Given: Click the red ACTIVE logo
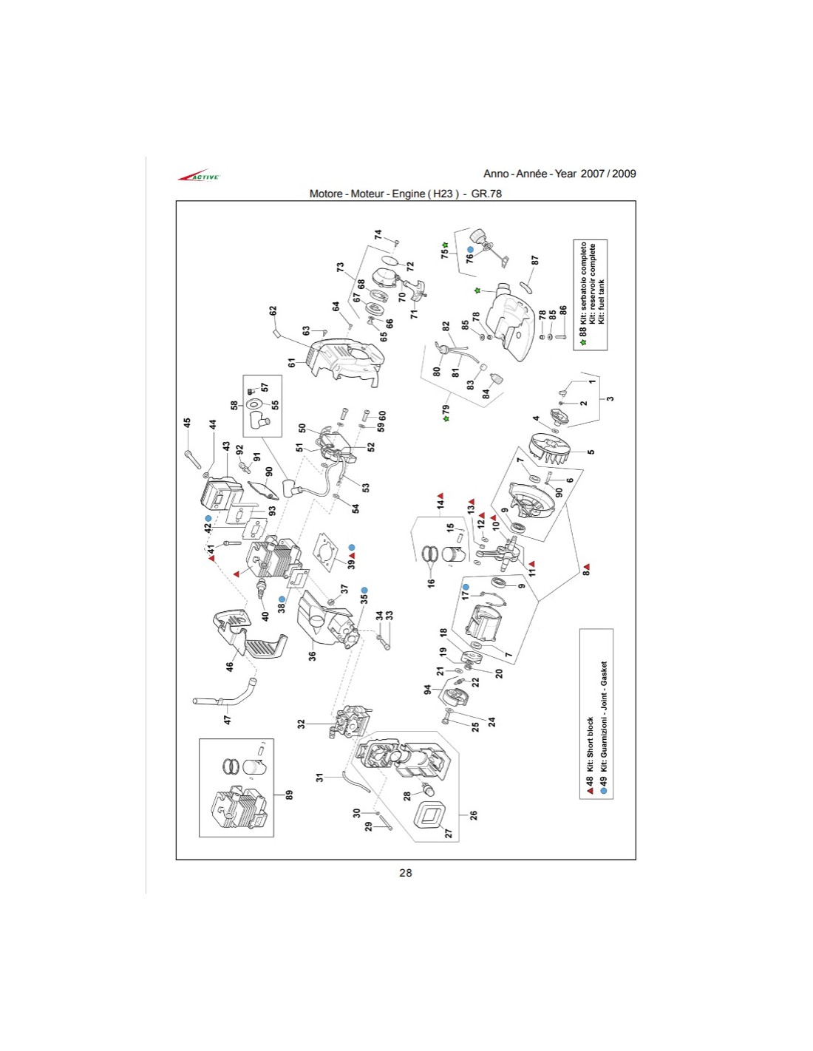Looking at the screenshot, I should click(199, 176).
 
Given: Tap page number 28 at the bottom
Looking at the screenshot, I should click(405, 873).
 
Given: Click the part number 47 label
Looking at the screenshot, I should click(228, 718).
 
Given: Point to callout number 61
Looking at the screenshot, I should click(292, 362).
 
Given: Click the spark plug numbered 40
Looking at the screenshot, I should click(260, 591).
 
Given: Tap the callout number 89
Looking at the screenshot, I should click(290, 795).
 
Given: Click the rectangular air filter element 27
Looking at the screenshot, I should click(433, 816).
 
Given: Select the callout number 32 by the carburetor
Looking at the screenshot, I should click(302, 724).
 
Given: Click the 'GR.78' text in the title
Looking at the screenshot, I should click(486, 194).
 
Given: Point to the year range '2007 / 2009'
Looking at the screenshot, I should click(608, 174).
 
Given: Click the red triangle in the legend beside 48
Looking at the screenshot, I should click(590, 791).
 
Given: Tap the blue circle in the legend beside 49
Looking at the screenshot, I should click(604, 791).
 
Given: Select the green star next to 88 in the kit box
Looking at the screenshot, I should click(583, 342).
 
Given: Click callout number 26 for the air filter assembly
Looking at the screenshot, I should click(474, 815).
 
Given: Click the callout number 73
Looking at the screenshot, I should click(341, 268).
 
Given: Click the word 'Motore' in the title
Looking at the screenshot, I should click(326, 194).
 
